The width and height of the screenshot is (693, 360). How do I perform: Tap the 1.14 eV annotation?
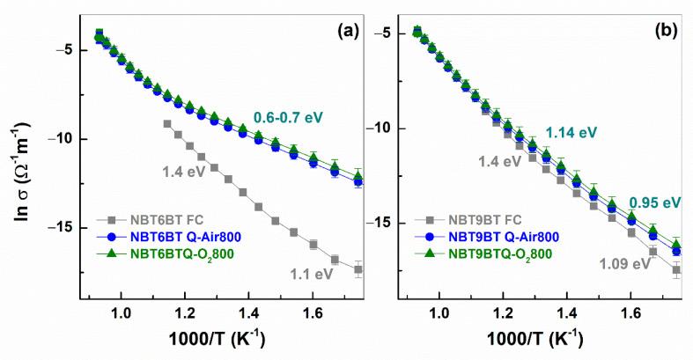click(x=571, y=132)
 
